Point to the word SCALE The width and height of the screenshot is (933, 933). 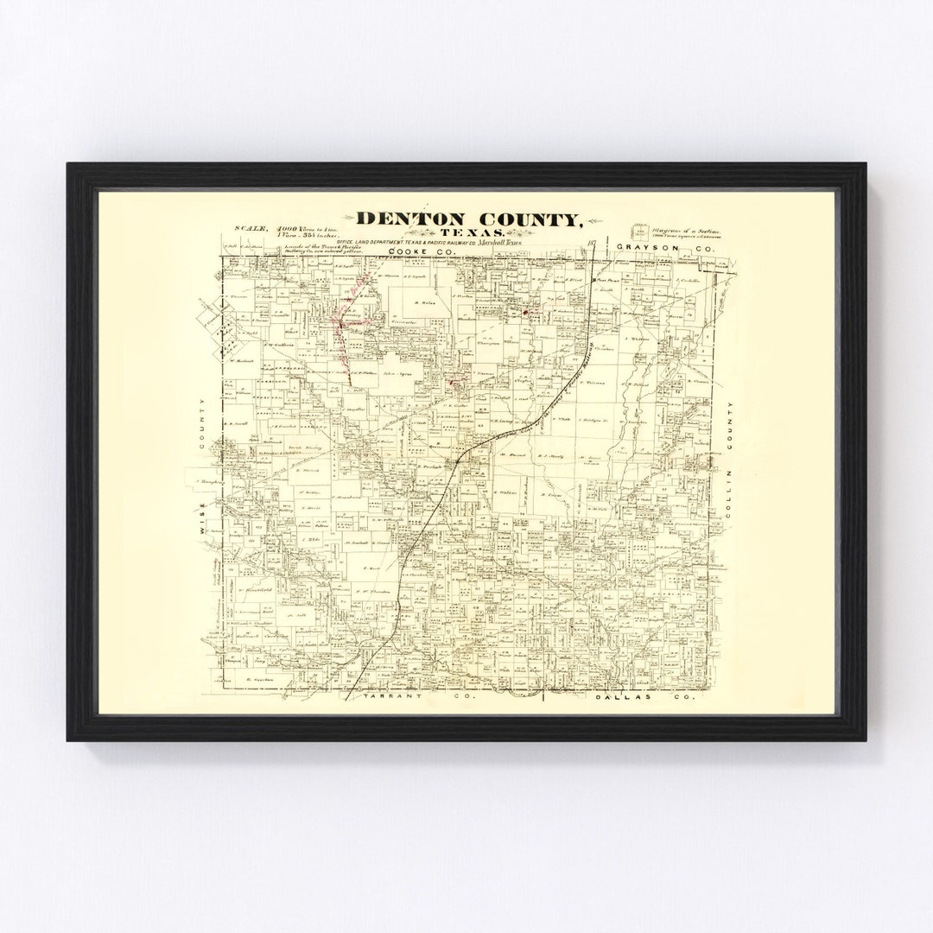[250, 229]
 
